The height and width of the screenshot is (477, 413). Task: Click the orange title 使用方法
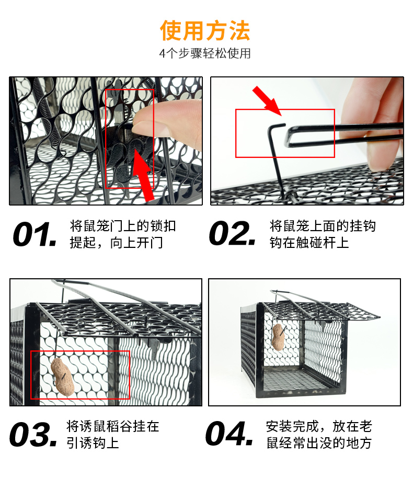click(205, 30)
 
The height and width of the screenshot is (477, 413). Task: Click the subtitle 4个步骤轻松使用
click(205, 53)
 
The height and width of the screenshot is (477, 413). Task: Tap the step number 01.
click(35, 234)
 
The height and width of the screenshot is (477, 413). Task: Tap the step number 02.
click(232, 233)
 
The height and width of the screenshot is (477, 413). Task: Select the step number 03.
click(33, 434)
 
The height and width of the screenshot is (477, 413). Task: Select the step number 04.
click(230, 434)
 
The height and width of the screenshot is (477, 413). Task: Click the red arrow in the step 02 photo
click(267, 101)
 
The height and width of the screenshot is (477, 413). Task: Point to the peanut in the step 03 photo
click(63, 377)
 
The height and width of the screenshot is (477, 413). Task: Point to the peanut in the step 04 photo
click(278, 337)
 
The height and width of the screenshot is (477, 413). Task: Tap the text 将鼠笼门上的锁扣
click(123, 226)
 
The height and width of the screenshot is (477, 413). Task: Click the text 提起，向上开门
click(116, 243)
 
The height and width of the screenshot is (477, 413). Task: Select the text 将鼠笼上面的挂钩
click(323, 226)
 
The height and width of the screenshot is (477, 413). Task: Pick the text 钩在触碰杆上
click(309, 243)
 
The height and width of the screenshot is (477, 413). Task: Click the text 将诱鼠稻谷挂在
click(113, 426)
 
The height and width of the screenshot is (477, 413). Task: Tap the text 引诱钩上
click(93, 443)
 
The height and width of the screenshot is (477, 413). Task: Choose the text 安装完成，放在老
click(319, 426)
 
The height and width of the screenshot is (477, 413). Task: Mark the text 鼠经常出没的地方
click(319, 443)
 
